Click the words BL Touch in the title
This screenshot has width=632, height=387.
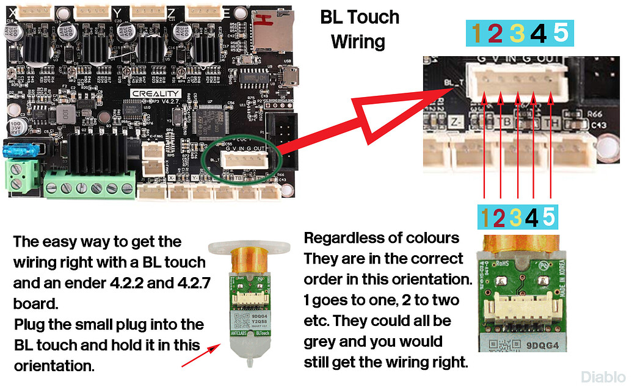coord(360,17)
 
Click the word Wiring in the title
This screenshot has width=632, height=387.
coord(358,42)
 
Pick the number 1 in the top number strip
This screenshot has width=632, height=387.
coord(476,33)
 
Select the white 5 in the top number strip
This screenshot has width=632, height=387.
coord(560,33)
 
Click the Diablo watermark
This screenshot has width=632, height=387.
coord(603,377)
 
